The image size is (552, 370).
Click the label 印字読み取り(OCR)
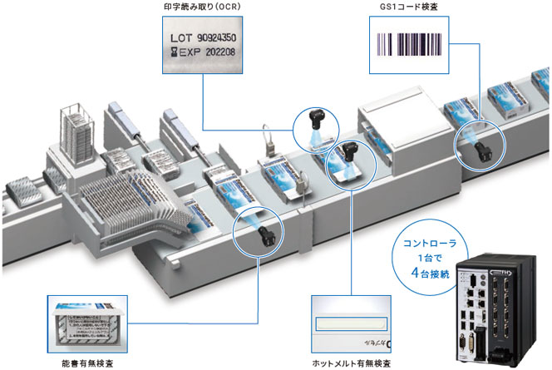click(x=203, y=9)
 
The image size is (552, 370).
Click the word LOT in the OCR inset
click(x=181, y=38)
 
